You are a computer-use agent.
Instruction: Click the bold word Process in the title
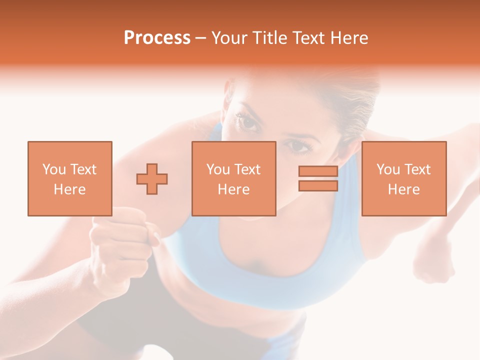point(157,38)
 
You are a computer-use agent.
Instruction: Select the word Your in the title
point(229,38)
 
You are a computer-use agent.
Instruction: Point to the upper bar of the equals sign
point(318,171)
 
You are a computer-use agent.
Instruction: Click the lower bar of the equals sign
point(318,186)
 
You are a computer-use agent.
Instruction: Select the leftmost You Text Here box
point(70,178)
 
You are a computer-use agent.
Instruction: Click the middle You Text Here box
point(233,178)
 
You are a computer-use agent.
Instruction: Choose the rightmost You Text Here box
point(404,178)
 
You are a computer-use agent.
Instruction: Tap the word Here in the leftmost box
point(70,189)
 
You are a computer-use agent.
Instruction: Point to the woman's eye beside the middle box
point(298,147)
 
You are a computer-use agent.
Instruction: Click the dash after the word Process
point(201,38)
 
